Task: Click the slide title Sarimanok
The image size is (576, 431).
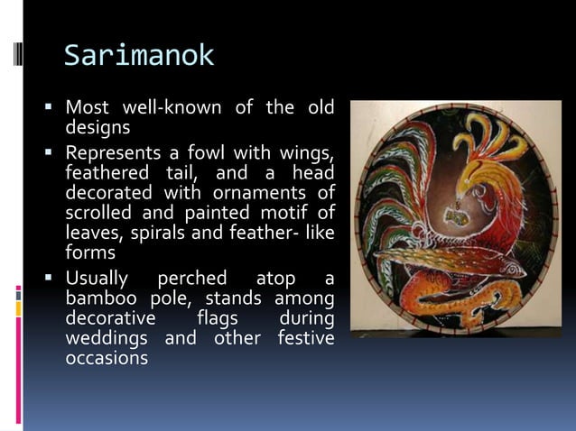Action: coord(139,56)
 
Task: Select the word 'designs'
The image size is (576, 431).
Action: coord(98,128)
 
